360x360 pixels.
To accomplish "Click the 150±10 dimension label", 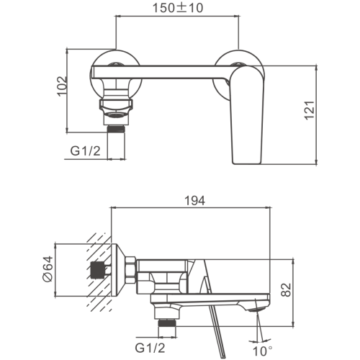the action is click(x=178, y=8).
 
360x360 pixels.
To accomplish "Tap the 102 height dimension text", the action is click(x=62, y=86).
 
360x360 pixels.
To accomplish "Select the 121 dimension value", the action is click(x=310, y=110).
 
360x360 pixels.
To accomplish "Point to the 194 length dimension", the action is click(x=195, y=201).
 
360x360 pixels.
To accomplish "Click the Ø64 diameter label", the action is click(x=48, y=269).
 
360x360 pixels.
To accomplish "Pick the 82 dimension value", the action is click(x=286, y=290).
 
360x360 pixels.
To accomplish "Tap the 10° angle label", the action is click(x=263, y=351).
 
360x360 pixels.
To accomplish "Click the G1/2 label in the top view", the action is click(x=85, y=151).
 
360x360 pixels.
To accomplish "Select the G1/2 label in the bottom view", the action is click(x=150, y=348).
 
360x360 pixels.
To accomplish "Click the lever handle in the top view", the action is click(x=247, y=115).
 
